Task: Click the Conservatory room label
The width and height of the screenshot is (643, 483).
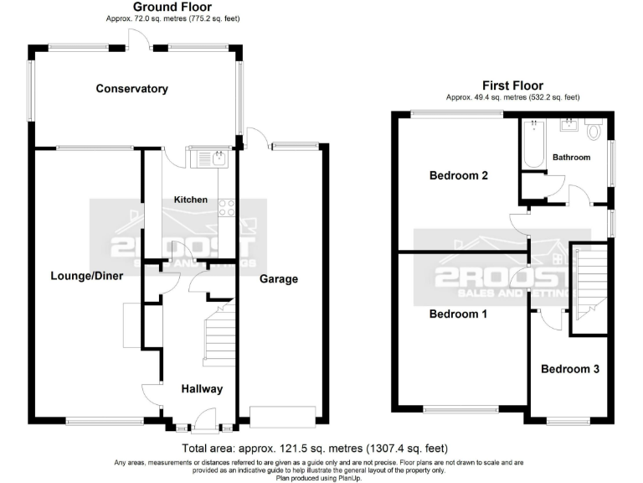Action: pyautogui.click(x=131, y=89)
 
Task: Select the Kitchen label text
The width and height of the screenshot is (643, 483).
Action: pyautogui.click(x=190, y=200)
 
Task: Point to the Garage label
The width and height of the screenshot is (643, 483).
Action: pyautogui.click(x=278, y=279)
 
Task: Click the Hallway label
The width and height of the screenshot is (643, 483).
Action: pyautogui.click(x=202, y=389)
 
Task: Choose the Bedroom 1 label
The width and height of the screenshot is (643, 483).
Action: pyautogui.click(x=458, y=314)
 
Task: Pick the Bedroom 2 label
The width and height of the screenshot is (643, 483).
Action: pyautogui.click(x=458, y=176)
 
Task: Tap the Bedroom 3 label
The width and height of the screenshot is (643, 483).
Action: pyautogui.click(x=569, y=369)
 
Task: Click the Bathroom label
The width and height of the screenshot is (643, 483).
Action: pyautogui.click(x=571, y=158)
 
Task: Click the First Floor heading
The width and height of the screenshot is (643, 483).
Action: pyautogui.click(x=512, y=86)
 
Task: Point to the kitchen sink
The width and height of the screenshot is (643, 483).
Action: pyautogui.click(x=208, y=157)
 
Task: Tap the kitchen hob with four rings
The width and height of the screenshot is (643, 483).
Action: pyautogui.click(x=226, y=206)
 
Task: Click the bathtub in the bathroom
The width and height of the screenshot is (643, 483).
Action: pyautogui.click(x=534, y=143)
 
